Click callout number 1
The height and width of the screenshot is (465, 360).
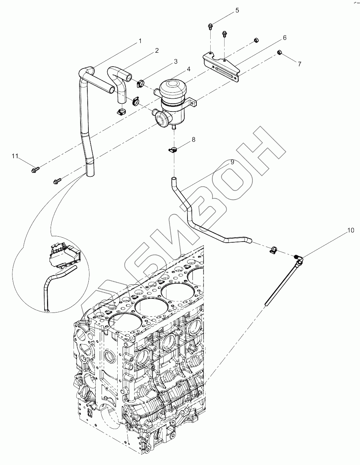tap(140, 41)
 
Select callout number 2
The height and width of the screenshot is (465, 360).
tap(156, 51)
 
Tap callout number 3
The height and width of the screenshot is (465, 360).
tap(176, 61)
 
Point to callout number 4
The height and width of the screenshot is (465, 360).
tap(189, 69)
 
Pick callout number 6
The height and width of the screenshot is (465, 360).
tap(284, 37)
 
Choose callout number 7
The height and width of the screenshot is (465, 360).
tap(299, 64)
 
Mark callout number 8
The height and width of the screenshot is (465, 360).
tap(194, 139)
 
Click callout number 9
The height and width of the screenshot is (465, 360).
tap(232, 162)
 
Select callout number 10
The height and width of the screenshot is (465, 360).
tap(351, 231)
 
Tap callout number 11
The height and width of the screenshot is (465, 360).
tap(15, 156)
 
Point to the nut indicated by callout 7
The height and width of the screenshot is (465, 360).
tap(280, 53)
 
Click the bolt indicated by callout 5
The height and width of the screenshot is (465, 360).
tap(211, 25)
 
